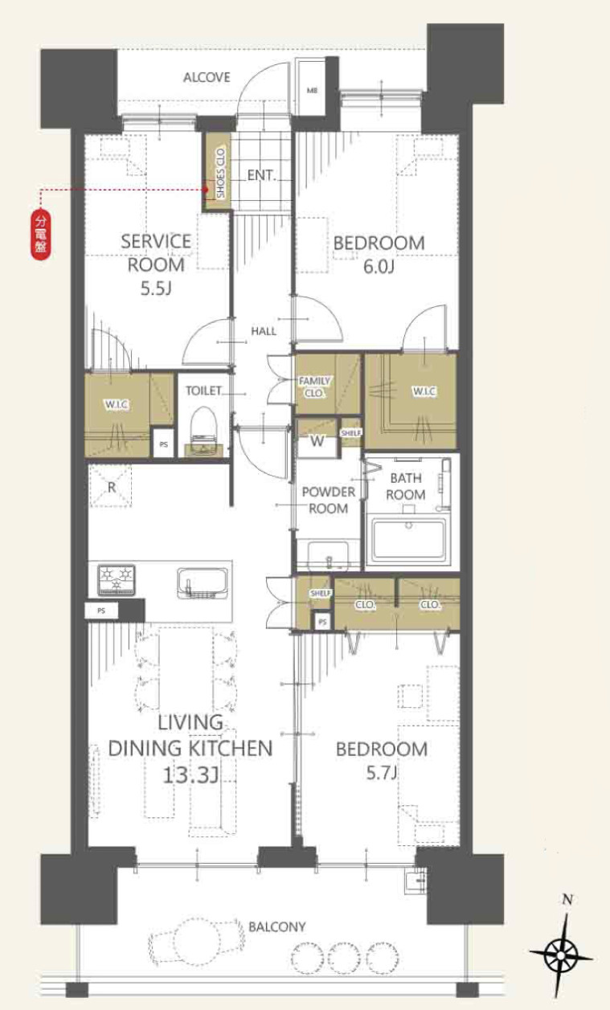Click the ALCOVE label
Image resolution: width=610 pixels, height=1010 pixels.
coord(207,77)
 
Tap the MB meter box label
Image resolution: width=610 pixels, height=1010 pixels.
coord(312,90)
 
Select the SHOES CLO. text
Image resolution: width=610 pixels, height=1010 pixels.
coord(220,173)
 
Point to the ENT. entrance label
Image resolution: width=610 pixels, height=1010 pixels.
coord(261,175)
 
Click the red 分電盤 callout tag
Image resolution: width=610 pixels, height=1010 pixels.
coord(40,235)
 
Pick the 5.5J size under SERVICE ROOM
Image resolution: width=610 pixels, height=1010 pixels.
coord(156,288)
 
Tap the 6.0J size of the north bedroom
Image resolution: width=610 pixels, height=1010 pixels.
coord(379,267)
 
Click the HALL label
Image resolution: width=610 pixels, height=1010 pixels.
coord(264,331)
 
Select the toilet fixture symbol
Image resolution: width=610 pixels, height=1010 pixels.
coord(204,432)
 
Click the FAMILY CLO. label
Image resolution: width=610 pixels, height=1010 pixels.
coord(315,387)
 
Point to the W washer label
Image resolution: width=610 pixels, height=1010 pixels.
coord(317,440)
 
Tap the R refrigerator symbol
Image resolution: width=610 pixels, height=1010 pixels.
coord(112,487)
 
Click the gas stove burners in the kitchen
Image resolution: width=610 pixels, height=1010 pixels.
coord(117,579)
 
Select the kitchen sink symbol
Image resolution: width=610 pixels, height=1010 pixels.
coord(202,583)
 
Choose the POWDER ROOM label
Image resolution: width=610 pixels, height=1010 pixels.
coord(328,500)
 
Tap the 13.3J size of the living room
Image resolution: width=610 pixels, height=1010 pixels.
coord(191,776)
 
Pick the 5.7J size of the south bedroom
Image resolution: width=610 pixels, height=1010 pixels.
coord(382,774)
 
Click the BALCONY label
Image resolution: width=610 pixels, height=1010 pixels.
coord(277,927)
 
